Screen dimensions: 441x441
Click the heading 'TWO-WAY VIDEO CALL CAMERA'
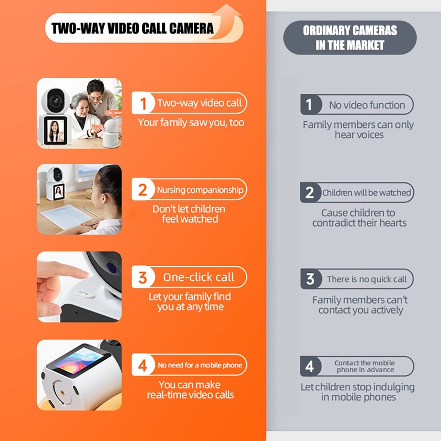[x=132, y=29]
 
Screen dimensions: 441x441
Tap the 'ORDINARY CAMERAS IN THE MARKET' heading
[x=350, y=37]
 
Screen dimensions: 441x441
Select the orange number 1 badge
[x=143, y=103]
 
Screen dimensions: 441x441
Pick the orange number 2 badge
[x=143, y=189]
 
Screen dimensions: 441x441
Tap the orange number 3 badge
[x=143, y=277]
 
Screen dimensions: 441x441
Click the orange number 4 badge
[x=143, y=365]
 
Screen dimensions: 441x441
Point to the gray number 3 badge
[x=310, y=279]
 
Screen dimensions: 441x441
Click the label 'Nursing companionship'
[x=200, y=190]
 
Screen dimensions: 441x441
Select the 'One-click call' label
[x=198, y=277]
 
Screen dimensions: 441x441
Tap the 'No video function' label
[x=367, y=105]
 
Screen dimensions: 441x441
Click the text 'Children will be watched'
[x=367, y=192]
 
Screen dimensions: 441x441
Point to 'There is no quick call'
[x=367, y=279]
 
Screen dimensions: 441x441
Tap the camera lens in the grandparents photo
[x=56, y=100]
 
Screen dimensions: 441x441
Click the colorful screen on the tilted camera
[x=79, y=359]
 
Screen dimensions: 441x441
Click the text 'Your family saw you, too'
[x=191, y=123]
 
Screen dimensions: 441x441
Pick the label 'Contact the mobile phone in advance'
[x=365, y=366]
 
